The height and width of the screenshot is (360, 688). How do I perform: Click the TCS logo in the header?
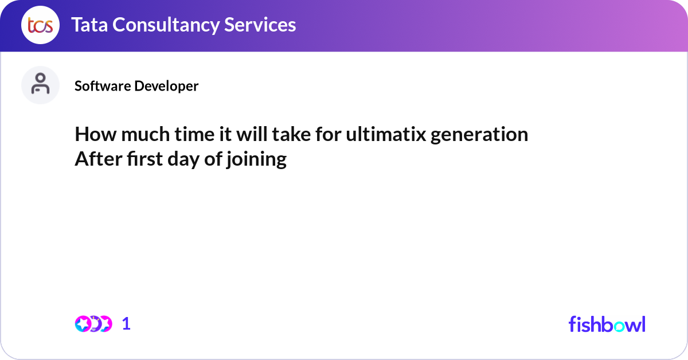tap(40, 25)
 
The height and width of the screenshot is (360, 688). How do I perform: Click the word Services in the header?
tap(261, 25)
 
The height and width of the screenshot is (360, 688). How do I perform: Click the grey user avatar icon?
tap(40, 85)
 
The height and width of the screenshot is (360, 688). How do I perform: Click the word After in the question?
tap(98, 159)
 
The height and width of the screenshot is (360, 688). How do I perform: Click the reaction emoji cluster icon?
tap(93, 324)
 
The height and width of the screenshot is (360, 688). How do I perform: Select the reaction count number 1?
tap(126, 324)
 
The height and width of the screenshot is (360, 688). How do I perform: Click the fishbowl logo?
tap(607, 324)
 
